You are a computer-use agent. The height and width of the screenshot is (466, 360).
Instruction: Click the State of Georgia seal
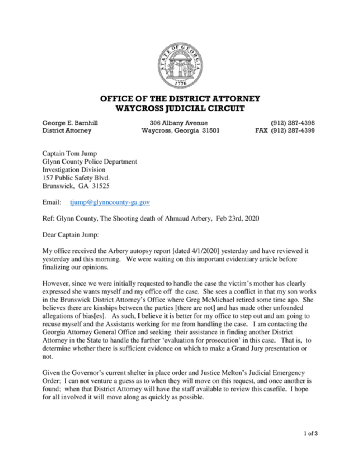pyautogui.click(x=180, y=65)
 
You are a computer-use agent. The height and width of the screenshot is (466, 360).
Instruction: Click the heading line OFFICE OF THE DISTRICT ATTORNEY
pyautogui.click(x=180, y=98)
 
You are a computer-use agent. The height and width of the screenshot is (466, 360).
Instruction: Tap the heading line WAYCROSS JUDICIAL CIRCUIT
pyautogui.click(x=180, y=108)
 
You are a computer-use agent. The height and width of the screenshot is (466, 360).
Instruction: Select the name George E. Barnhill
pyautogui.click(x=70, y=123)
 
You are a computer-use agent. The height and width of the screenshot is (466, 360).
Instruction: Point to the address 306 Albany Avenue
pyautogui.click(x=179, y=123)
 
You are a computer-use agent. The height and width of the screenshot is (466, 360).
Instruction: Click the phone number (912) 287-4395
pyautogui.click(x=293, y=123)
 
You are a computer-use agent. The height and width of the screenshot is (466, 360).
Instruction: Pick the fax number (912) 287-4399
pyautogui.click(x=293, y=130)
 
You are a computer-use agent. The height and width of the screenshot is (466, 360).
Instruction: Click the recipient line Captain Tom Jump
pyautogui.click(x=69, y=153)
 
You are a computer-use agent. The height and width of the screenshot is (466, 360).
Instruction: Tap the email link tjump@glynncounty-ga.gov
pyautogui.click(x=110, y=202)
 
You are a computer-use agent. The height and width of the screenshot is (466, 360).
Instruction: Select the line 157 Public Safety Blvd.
pyautogui.click(x=76, y=178)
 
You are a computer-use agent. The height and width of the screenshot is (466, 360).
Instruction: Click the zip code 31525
pyautogui.click(x=101, y=186)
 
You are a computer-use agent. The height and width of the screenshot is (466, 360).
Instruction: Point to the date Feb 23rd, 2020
pyautogui.click(x=238, y=218)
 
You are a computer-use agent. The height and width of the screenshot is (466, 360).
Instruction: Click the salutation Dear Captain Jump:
pyautogui.click(x=71, y=234)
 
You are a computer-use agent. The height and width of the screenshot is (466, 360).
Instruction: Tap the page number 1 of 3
pyautogui.click(x=311, y=433)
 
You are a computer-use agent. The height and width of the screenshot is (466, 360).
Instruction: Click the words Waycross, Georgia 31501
pyautogui.click(x=181, y=130)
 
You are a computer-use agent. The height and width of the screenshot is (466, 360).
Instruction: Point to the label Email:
pyautogui.click(x=52, y=202)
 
